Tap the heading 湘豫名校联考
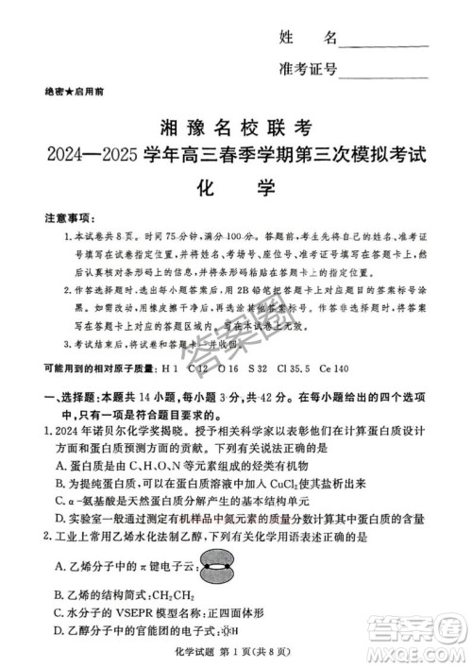235,127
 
